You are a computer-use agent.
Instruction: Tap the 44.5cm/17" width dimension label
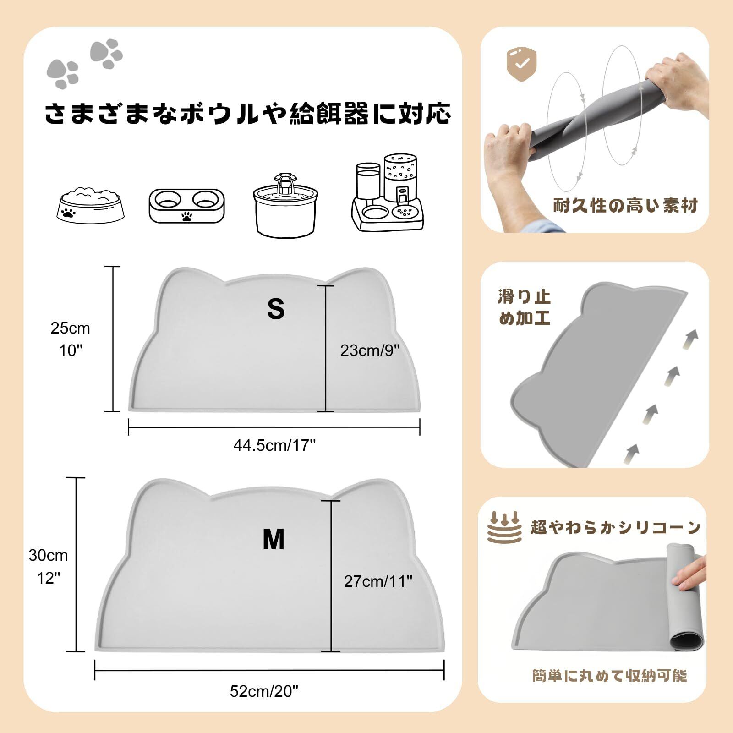click(274, 445)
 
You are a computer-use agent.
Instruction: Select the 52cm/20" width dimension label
click(264, 691)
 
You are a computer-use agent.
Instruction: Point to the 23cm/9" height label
click(370, 350)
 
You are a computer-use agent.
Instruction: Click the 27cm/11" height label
click(378, 581)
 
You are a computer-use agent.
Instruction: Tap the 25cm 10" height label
click(70, 339)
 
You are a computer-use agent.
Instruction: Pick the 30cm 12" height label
click(48, 567)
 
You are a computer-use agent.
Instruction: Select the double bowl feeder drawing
click(187, 205)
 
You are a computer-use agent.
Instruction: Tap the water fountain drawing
click(285, 204)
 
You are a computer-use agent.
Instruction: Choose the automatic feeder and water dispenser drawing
click(388, 193)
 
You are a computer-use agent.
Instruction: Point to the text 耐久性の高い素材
click(625, 206)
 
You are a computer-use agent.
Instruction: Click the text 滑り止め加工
click(524, 307)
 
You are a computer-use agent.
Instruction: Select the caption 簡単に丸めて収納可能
click(610, 676)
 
